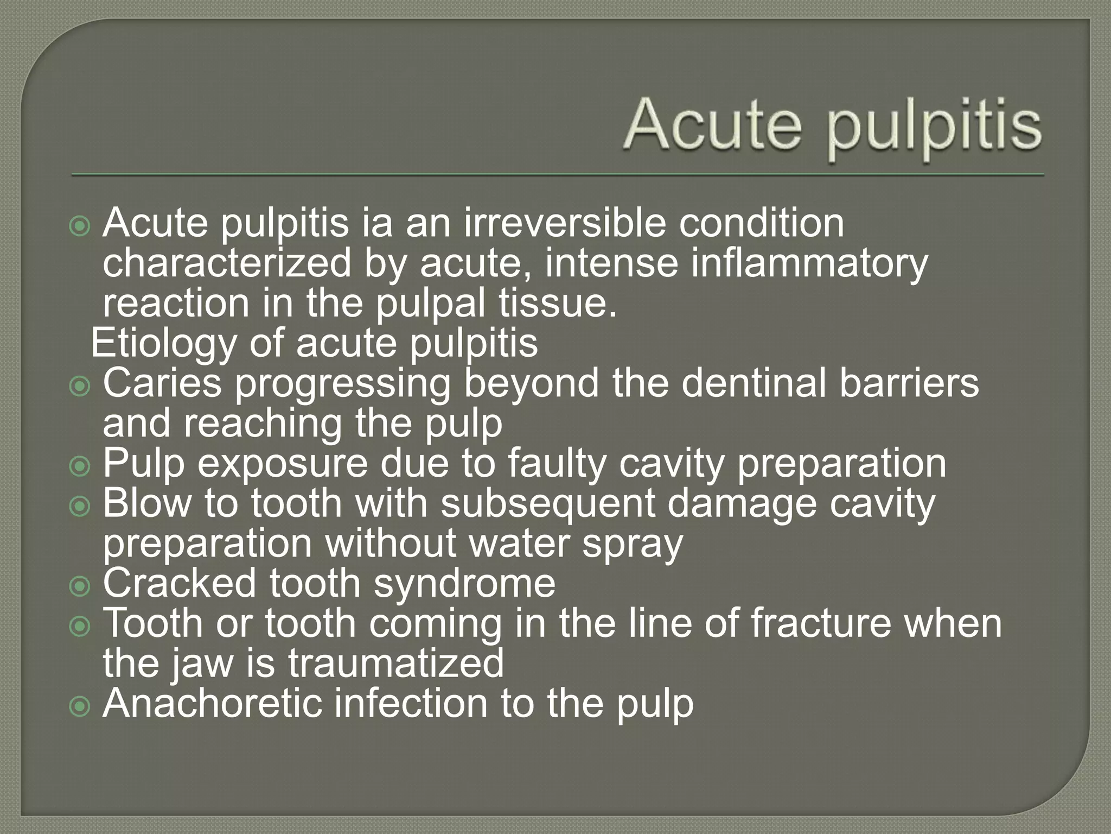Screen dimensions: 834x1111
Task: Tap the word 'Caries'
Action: tap(162, 383)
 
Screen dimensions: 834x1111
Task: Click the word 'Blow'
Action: tap(147, 503)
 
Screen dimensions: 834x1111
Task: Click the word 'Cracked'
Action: tap(179, 583)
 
